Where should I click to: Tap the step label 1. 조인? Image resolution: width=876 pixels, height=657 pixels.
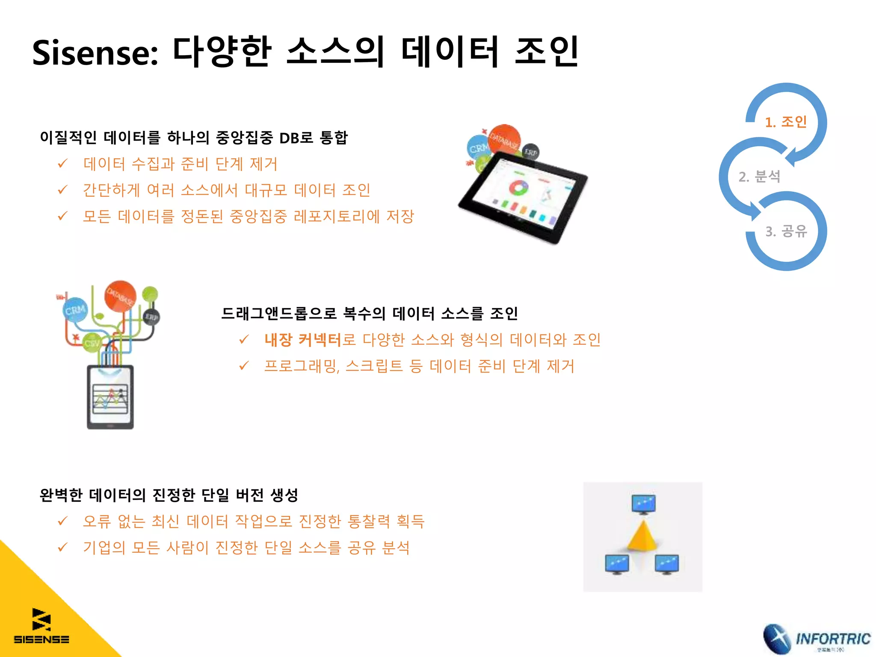pyautogui.click(x=786, y=122)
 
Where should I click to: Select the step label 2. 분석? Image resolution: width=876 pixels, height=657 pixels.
pyautogui.click(x=759, y=176)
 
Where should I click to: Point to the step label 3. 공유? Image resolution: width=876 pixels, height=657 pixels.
pyautogui.click(x=786, y=231)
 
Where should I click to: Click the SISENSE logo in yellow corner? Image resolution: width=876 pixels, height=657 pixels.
pyautogui.click(x=41, y=626)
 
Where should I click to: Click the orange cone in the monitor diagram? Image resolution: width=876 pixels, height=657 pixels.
pyautogui.click(x=643, y=535)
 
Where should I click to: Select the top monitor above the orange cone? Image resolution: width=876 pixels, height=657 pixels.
pyautogui.click(x=643, y=504)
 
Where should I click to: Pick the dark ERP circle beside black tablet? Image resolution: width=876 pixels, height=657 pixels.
pyautogui.click(x=531, y=152)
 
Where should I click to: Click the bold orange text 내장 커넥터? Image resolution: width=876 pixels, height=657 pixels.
pyautogui.click(x=302, y=340)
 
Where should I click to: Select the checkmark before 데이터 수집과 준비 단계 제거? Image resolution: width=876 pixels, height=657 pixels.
pyautogui.click(x=63, y=163)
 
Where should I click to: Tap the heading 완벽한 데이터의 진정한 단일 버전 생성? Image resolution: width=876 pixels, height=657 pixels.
pyautogui.click(x=169, y=495)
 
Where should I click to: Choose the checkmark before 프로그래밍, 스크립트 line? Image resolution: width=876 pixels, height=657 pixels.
pyautogui.click(x=244, y=366)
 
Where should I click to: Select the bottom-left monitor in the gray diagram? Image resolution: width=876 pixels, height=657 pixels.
pyautogui.click(x=617, y=564)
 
